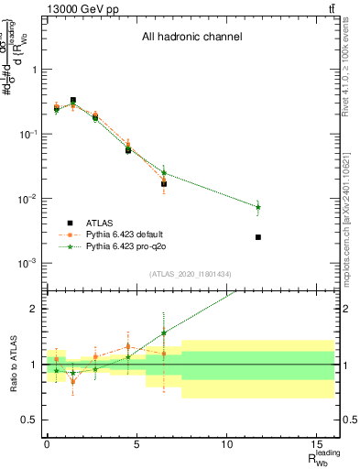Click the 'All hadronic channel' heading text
pyautogui.click(x=191, y=38)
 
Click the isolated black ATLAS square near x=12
pyautogui.click(x=258, y=237)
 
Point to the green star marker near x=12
pyautogui.click(x=258, y=207)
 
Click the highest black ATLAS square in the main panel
pyautogui.click(x=73, y=100)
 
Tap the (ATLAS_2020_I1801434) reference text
pyautogui.click(x=191, y=274)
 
